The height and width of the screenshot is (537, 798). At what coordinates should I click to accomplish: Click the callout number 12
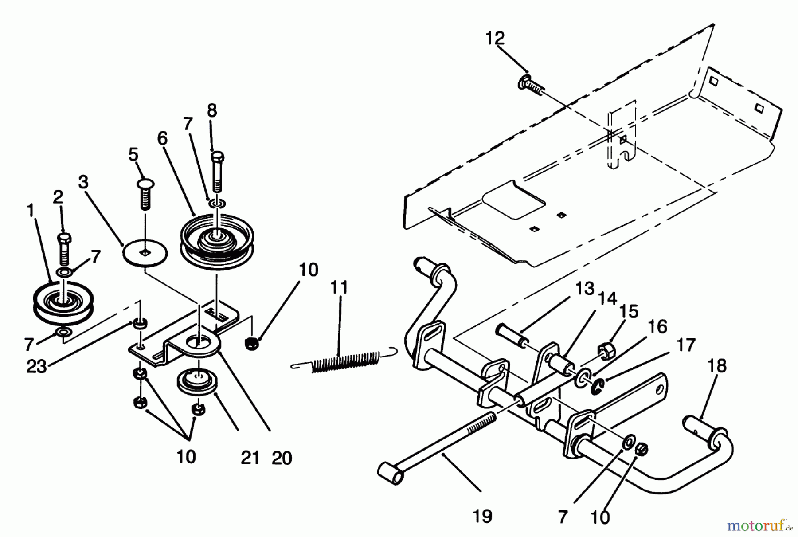pyautogui.click(x=495, y=39)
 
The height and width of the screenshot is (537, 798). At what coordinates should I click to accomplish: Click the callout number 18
pyautogui.click(x=717, y=366)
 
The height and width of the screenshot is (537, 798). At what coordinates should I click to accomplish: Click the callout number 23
pyautogui.click(x=37, y=367)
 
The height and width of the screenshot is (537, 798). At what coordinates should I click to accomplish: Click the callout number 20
pyautogui.click(x=282, y=458)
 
